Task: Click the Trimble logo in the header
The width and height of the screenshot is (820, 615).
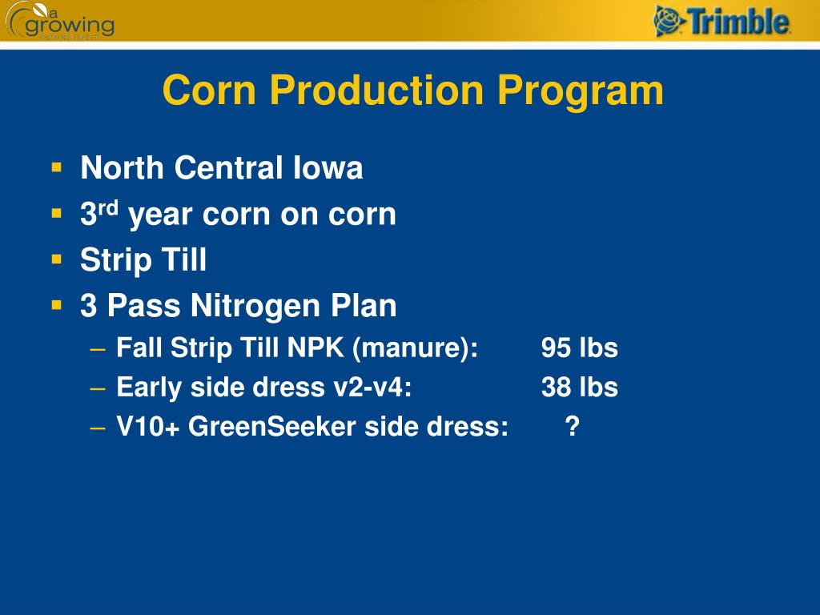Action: [x=722, y=21]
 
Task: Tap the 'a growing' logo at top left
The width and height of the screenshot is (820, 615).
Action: [x=59, y=21]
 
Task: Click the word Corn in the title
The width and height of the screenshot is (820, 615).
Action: [x=207, y=90]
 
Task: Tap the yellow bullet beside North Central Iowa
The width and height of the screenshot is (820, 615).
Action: [x=57, y=168]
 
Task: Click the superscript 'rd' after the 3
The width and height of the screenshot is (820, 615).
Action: [x=108, y=207]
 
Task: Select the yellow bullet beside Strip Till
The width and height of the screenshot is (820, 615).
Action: [x=57, y=259]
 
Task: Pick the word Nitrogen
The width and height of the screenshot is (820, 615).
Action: [x=248, y=305]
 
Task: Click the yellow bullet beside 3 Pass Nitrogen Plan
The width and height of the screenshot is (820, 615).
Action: [x=57, y=305]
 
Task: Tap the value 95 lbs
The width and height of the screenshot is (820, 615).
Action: [x=579, y=348]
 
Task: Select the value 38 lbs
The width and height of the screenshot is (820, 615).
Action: [x=579, y=388]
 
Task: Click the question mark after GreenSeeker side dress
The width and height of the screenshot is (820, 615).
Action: [x=572, y=427]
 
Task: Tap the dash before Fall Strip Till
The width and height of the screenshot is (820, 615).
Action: [x=98, y=349]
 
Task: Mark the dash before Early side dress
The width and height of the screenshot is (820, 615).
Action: [x=98, y=388]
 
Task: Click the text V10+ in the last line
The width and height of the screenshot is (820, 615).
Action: [x=148, y=427]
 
